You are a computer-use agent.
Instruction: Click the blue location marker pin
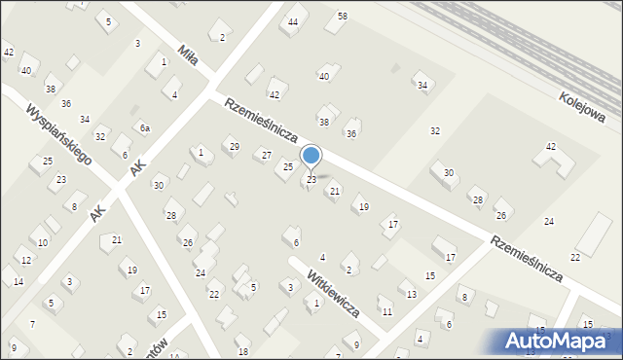pyautogui.click(x=311, y=156)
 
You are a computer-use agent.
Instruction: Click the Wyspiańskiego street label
pyautogui.click(x=59, y=134)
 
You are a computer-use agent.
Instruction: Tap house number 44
pyautogui.click(x=293, y=21)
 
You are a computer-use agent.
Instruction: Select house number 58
pyautogui.click(x=342, y=17)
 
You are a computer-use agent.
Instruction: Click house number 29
pyautogui.click(x=234, y=147)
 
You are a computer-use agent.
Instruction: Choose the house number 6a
pyautogui.click(x=144, y=128)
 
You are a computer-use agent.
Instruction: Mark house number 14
pyautogui.click(x=18, y=282)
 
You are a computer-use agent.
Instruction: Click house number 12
pyautogui.click(x=26, y=261)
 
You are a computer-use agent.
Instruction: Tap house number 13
pyautogui.click(x=412, y=294)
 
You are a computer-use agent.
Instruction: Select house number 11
pyautogui.click(x=386, y=311)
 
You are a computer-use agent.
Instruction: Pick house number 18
pyautogui.click(x=243, y=351)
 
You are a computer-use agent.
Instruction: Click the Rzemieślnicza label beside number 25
pyautogui.click(x=261, y=121)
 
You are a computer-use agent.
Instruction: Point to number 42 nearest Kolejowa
pyautogui.click(x=551, y=146)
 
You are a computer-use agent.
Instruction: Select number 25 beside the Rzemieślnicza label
pyautogui.click(x=288, y=167)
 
